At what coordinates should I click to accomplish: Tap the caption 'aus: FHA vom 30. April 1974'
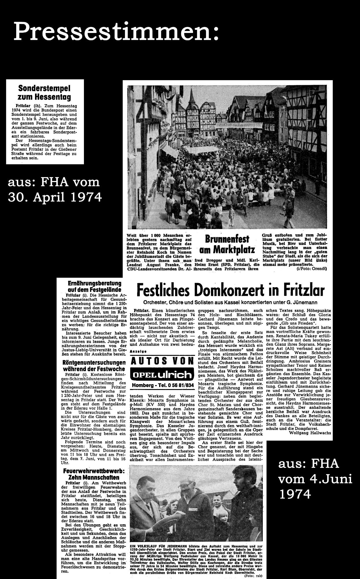pyautogui.click(x=55, y=190)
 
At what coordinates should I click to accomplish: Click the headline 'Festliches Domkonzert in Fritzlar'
pyautogui.click(x=230, y=290)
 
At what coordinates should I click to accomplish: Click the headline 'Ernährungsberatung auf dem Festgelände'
pyautogui.click(x=94, y=286)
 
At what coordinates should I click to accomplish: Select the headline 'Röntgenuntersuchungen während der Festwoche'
pyautogui.click(x=94, y=366)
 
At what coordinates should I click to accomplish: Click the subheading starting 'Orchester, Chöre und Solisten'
pyautogui.click(x=230, y=303)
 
